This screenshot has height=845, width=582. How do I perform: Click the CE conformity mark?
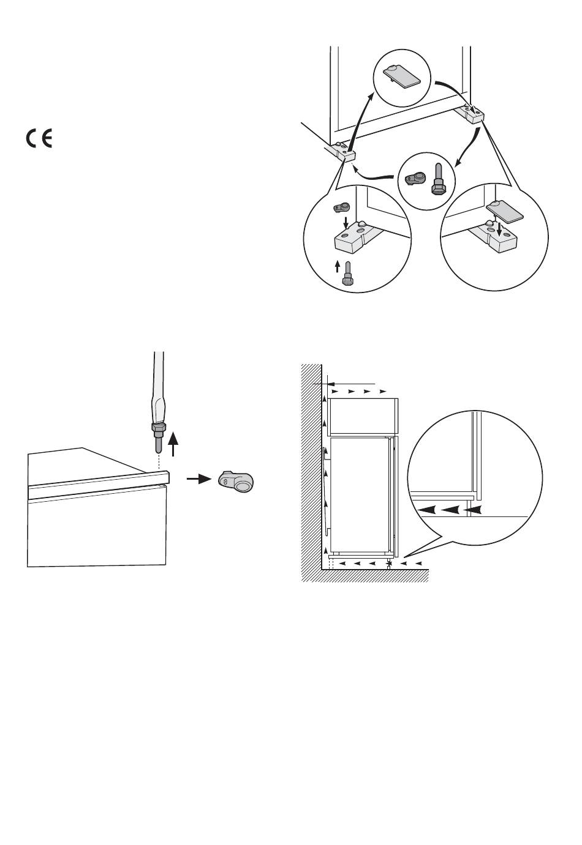pyautogui.click(x=39, y=139)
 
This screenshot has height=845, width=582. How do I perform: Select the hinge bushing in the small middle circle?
pyautogui.click(x=415, y=179)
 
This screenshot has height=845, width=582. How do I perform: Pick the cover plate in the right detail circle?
pyautogui.click(x=505, y=212)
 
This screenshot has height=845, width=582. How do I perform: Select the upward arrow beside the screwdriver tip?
pyautogui.click(x=175, y=443)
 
